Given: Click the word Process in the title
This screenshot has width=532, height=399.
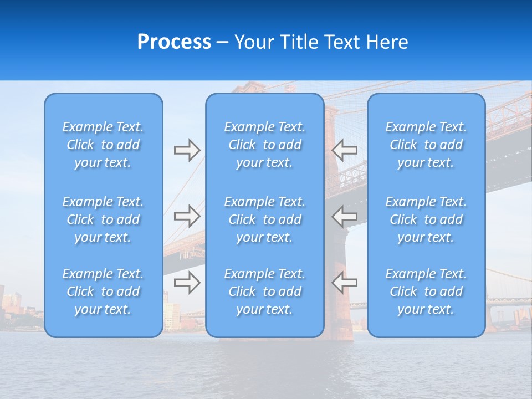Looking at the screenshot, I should pos(174,42).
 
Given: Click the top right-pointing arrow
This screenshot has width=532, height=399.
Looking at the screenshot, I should pos(187,150).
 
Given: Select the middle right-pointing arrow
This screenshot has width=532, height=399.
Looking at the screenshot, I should pos(187,216).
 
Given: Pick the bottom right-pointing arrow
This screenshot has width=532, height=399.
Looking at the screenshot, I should pos(187,283).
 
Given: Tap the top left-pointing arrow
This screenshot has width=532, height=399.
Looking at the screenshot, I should pos(345,150).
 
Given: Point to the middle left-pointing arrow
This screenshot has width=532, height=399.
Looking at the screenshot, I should pos(345,216).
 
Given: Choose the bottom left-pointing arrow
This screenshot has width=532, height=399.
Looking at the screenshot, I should pos(345,283).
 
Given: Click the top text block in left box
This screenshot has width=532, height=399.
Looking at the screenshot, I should pos(103,145).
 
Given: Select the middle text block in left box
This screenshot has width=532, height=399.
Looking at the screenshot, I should pos(103,219).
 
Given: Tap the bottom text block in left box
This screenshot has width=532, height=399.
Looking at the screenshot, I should pos(103,291).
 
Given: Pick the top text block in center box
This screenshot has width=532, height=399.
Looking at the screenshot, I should pos(264,145).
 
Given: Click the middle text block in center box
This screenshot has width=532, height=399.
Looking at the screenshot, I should pos(264,219).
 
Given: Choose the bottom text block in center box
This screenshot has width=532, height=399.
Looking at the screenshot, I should pos(264,291).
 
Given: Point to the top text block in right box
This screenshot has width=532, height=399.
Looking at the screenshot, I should pos(426,145).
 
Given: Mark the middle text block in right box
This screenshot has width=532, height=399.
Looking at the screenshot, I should pos(426,219).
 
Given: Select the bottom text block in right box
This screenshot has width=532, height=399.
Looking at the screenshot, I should pos(426,291).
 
